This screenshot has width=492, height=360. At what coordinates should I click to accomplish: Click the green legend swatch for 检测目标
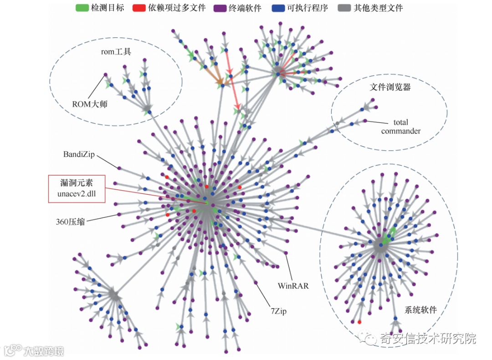coord(82,8)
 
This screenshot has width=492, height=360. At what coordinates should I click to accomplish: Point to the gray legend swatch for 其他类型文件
coord(345,8)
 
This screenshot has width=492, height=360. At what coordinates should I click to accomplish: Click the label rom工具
coord(116,51)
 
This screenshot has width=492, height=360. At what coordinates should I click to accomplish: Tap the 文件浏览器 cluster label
coord(390,86)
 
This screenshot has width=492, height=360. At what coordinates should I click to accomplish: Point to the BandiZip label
coord(79,154)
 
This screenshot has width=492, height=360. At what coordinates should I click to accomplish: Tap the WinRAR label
coord(293,286)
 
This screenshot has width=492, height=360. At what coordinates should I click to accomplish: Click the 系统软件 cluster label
coord(420,310)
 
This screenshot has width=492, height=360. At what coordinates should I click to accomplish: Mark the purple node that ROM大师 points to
coord(105,75)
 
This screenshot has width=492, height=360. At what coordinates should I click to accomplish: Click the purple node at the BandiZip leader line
coord(119,168)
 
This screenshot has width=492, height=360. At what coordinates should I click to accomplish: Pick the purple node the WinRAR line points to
coord(286,253)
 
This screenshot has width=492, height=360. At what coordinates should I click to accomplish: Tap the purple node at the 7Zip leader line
coord(256,283)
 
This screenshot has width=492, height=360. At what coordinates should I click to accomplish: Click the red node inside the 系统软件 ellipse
coord(359,322)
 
